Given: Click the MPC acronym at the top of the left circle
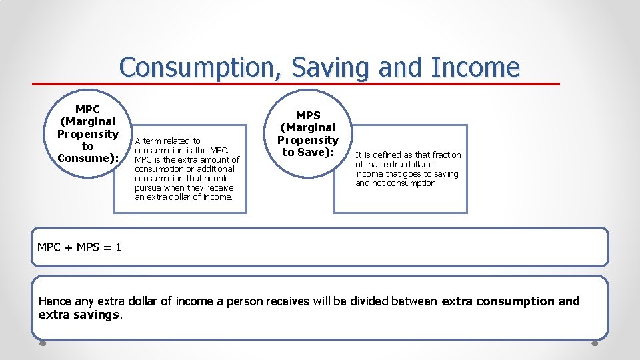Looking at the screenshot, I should tap(87, 109).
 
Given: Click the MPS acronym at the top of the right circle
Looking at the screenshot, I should tap(308, 115).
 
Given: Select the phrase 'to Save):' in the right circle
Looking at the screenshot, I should tap(308, 152).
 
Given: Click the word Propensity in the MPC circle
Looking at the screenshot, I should tap(87, 133).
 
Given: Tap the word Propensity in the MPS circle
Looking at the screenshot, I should tap(308, 140).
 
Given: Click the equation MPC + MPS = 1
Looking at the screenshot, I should tap(79, 247).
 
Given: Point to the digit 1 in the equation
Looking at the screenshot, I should tap(118, 247).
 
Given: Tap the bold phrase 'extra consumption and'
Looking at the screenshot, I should tap(511, 301).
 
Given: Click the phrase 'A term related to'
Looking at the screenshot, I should tap(167, 141).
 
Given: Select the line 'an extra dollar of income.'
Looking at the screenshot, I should tap(183, 197).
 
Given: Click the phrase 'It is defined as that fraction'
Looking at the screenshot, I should tap(408, 155).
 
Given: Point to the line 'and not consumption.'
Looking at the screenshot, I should tap(396, 183).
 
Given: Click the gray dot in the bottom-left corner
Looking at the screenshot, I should tap(42, 345).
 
